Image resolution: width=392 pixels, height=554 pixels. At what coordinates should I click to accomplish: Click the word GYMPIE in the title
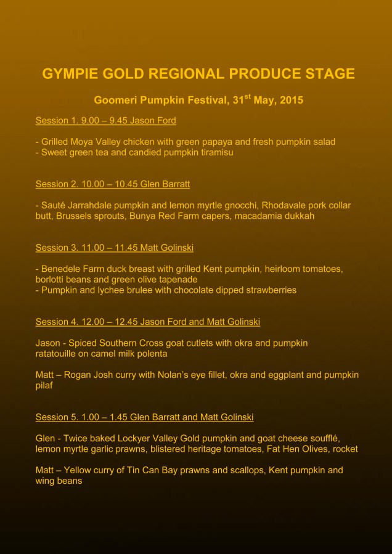(x=67, y=74)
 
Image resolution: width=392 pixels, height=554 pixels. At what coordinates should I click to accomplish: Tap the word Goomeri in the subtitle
(x=115, y=100)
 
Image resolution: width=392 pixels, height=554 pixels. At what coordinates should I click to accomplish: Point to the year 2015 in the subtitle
(x=292, y=100)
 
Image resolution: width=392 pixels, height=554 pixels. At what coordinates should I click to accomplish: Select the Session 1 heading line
(x=105, y=120)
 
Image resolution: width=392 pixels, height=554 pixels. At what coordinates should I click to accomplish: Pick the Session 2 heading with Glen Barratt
(x=108, y=184)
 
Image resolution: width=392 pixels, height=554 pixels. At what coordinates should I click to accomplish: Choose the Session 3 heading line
(x=114, y=248)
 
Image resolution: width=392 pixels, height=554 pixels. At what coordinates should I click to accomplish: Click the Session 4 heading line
(x=147, y=322)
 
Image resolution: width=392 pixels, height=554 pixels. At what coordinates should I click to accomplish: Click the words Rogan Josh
(x=89, y=375)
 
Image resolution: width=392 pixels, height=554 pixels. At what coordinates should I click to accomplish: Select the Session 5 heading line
(x=144, y=417)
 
